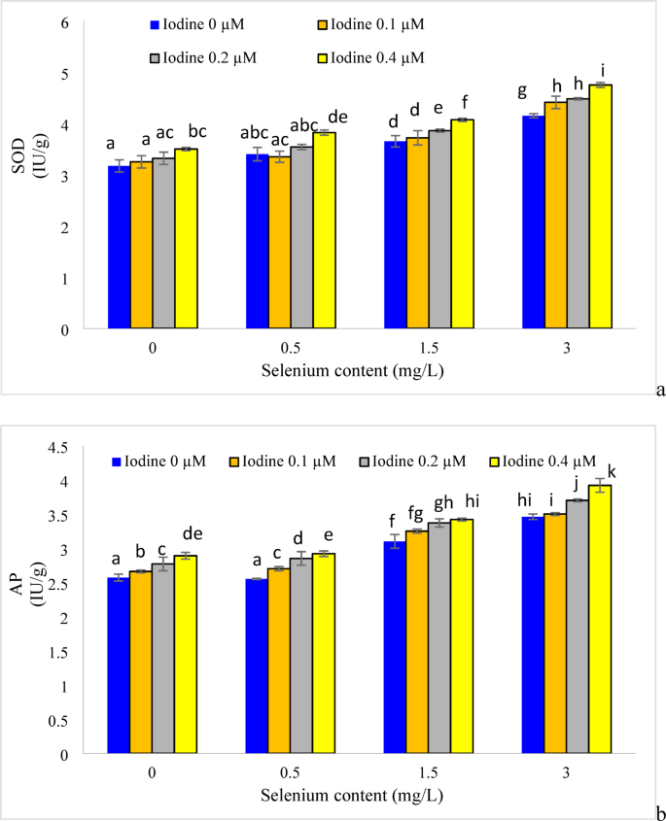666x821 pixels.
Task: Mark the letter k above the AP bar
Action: [x=612, y=471]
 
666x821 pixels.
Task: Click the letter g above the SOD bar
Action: [x=522, y=91]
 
